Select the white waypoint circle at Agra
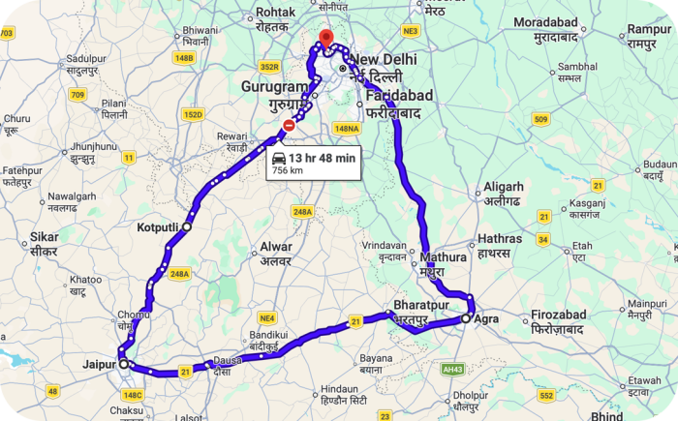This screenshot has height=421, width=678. pos(465,317)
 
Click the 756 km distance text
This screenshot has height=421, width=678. pos(288,170)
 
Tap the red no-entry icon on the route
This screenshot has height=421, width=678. pos(288,126)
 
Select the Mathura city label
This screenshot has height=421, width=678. pos(445,257)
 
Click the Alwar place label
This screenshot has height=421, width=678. pos(275,247)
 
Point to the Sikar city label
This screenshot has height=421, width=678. pos(44,236)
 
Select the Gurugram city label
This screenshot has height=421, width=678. pos(274,87)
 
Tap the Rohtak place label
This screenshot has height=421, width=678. pos(274,14)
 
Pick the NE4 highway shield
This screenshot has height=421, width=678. pos(267,317)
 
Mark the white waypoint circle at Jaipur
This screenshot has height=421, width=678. pos(123,364)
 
